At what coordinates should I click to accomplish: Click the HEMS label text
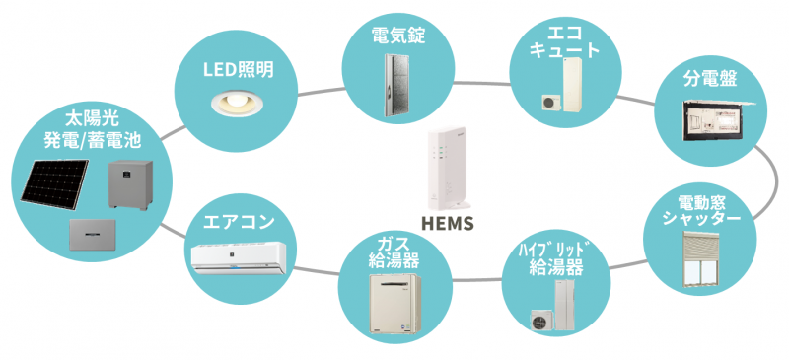tap(448, 223)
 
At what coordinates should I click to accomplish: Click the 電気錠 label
tap(398, 36)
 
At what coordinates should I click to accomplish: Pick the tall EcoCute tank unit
tap(571, 84)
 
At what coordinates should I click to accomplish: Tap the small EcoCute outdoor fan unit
tap(549, 102)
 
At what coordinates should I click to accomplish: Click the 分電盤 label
tap(710, 79)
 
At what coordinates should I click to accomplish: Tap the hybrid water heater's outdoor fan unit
tap(541, 319)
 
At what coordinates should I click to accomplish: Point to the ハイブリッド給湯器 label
tap(555, 259)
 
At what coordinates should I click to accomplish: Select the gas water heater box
tap(394, 303)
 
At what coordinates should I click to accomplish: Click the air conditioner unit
tap(239, 257)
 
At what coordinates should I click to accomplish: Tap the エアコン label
tap(239, 222)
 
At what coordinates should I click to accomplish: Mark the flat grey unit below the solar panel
tap(93, 235)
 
